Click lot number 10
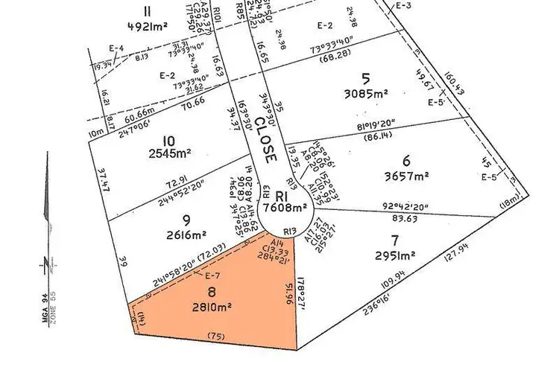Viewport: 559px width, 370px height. tap(168, 139)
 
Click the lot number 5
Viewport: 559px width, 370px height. tap(365, 77)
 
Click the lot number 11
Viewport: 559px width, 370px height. tap(148, 10)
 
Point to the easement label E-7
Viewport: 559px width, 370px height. tap(211, 275)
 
